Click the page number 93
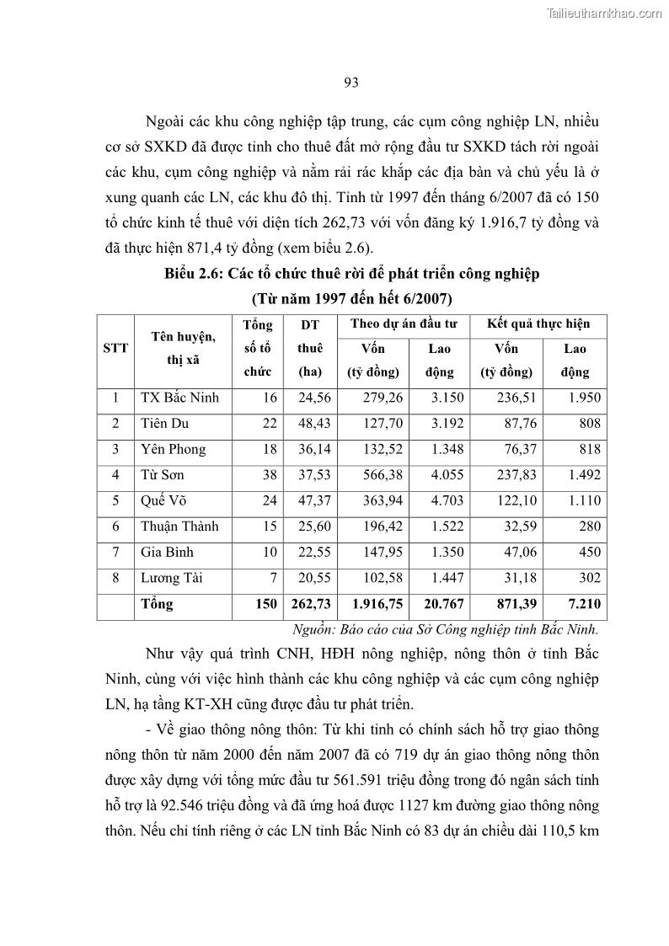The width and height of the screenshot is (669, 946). (x=351, y=82)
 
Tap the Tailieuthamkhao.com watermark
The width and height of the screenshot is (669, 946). (x=604, y=13)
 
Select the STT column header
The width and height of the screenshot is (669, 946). (x=115, y=348)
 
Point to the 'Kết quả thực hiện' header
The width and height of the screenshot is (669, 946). (x=538, y=323)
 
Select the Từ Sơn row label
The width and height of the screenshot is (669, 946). (x=162, y=475)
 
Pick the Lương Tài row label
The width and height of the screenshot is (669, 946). (x=172, y=578)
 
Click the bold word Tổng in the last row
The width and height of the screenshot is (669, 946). (x=157, y=604)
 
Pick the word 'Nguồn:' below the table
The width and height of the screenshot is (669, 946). (x=313, y=628)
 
